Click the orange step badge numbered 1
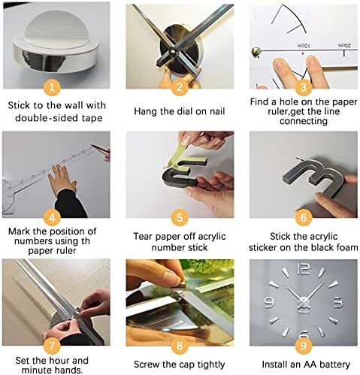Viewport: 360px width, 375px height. coord(52,87)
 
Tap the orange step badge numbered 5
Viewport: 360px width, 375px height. coord(180,217)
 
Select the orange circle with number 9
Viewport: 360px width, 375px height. coord(304,346)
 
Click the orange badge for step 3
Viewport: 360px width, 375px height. coord(304,87)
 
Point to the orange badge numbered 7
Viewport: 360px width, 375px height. coord(52,346)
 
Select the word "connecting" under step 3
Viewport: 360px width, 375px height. coord(304,121)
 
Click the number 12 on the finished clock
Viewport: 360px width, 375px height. coord(304,269)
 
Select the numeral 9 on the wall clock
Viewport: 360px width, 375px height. coord(269,301)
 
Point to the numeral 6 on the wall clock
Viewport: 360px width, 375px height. coord(304,334)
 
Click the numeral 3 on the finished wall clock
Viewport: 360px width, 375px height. coord(338,302)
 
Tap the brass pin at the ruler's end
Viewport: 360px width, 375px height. coord(256,51)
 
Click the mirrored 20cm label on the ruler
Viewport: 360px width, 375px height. coord(344,45)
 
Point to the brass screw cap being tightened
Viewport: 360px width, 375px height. coord(183,284)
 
